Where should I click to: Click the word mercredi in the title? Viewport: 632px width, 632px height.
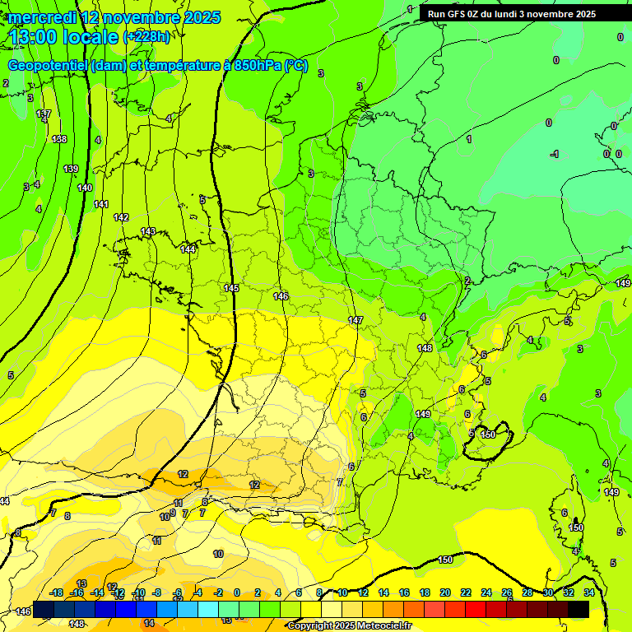click(44, 17)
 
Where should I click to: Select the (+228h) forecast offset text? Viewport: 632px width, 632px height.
click(146, 37)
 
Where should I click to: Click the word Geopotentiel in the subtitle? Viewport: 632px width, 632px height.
click(49, 66)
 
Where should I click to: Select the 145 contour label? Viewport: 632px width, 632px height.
click(231, 288)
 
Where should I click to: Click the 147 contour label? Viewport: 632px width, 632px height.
click(355, 320)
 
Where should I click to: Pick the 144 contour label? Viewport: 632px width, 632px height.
click(188, 249)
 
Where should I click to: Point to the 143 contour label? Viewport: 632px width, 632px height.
click(148, 231)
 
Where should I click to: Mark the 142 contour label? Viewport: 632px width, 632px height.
click(121, 217)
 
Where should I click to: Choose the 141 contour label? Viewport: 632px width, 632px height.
click(101, 204)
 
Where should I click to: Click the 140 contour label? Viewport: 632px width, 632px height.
click(85, 188)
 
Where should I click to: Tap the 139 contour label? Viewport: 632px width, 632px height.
click(71, 169)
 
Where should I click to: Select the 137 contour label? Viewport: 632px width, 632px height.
click(44, 114)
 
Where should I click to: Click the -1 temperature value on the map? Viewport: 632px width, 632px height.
click(555, 154)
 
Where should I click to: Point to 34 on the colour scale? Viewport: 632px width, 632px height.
click(588, 592)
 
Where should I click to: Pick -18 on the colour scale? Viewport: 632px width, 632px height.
click(57, 592)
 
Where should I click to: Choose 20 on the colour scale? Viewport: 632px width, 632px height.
click(445, 592)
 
